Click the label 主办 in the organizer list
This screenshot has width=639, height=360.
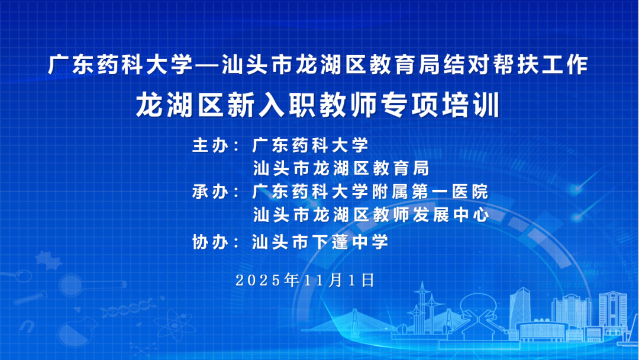click(210, 145)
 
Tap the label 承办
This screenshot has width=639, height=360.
click(210, 192)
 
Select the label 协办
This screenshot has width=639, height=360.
click(210, 242)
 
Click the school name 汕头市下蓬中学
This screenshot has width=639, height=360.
click(320, 242)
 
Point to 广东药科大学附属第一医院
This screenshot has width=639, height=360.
click(370, 192)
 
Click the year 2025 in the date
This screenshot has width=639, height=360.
click(258, 281)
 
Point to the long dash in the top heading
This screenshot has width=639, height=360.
click(208, 65)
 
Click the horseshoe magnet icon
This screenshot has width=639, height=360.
click(27, 326)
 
